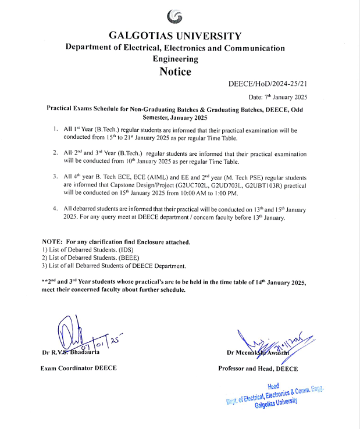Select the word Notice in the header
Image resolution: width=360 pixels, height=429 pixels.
tap(175, 71)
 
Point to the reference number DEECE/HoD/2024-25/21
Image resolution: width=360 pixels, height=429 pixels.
tap(268, 84)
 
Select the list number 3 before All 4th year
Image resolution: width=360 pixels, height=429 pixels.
tap(54, 174)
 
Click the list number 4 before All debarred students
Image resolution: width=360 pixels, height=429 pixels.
tap(54, 208)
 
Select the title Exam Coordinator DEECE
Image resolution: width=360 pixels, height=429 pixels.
tap(78, 369)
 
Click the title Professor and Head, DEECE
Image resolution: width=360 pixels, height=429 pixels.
tap(258, 369)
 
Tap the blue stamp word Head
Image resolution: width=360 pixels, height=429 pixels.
tap(273, 386)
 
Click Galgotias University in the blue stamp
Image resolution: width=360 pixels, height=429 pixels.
tap(276, 403)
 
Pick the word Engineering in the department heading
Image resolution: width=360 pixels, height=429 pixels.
tap(175, 59)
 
